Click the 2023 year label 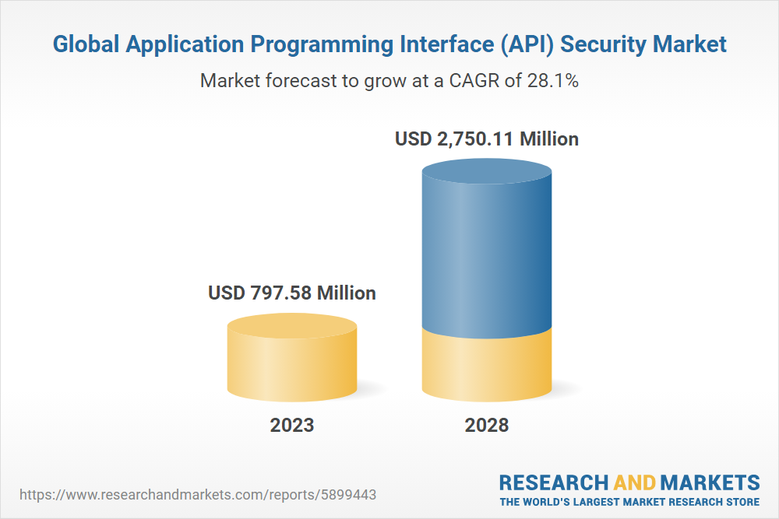coord(292,425)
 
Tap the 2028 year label coord(487,425)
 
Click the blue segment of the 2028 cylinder coord(487,249)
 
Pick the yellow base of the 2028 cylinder coord(487,366)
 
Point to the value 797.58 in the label coord(280,293)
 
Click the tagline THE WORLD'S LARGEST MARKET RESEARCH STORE coord(629,502)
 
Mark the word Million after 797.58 coord(345,293)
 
